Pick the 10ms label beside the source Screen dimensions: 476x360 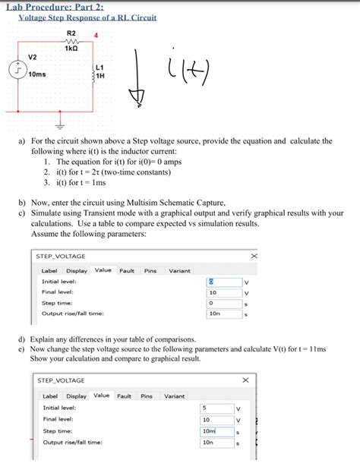[36, 75]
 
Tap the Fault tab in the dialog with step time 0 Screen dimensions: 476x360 [126, 270]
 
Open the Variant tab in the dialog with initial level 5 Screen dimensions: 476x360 [175, 396]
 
